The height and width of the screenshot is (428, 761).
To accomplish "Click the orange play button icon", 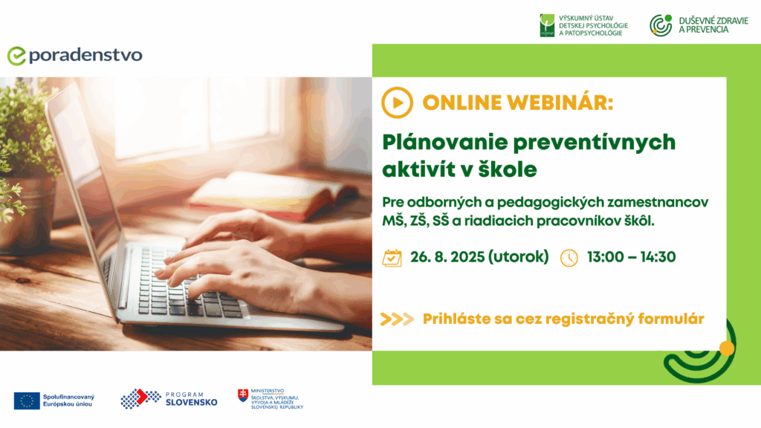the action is click(397, 103).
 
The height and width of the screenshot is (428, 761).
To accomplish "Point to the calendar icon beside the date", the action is click(392, 258).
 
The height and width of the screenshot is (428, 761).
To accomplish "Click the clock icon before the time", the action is click(569, 258).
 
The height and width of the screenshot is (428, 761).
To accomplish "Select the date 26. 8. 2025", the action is click(447, 256).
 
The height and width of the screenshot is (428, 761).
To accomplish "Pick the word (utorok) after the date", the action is click(518, 256).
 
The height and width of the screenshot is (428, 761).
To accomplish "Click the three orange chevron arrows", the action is click(397, 319).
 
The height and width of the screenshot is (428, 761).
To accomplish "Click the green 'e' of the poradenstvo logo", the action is click(16, 56).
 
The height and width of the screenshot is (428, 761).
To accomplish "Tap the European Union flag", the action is click(27, 401).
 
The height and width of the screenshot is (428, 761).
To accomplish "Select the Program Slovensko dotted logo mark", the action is click(140, 398).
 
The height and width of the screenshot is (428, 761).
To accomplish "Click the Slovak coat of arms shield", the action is click(243, 395).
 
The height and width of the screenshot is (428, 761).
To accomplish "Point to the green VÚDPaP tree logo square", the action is click(547, 26).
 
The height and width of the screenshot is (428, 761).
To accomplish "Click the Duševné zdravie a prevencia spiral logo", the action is click(661, 25).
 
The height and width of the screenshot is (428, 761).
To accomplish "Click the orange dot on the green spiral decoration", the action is click(727, 348).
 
